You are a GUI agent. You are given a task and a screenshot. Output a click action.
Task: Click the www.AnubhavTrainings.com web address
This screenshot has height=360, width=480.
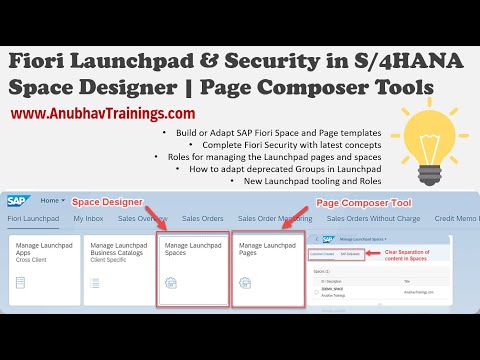pos(103,114)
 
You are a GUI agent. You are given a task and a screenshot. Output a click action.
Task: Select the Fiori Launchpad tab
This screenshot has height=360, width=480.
pos(34,219)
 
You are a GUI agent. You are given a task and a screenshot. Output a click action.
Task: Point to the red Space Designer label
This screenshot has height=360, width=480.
pos(107,202)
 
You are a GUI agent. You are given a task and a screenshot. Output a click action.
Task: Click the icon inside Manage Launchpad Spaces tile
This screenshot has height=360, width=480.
pos(171,283)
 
